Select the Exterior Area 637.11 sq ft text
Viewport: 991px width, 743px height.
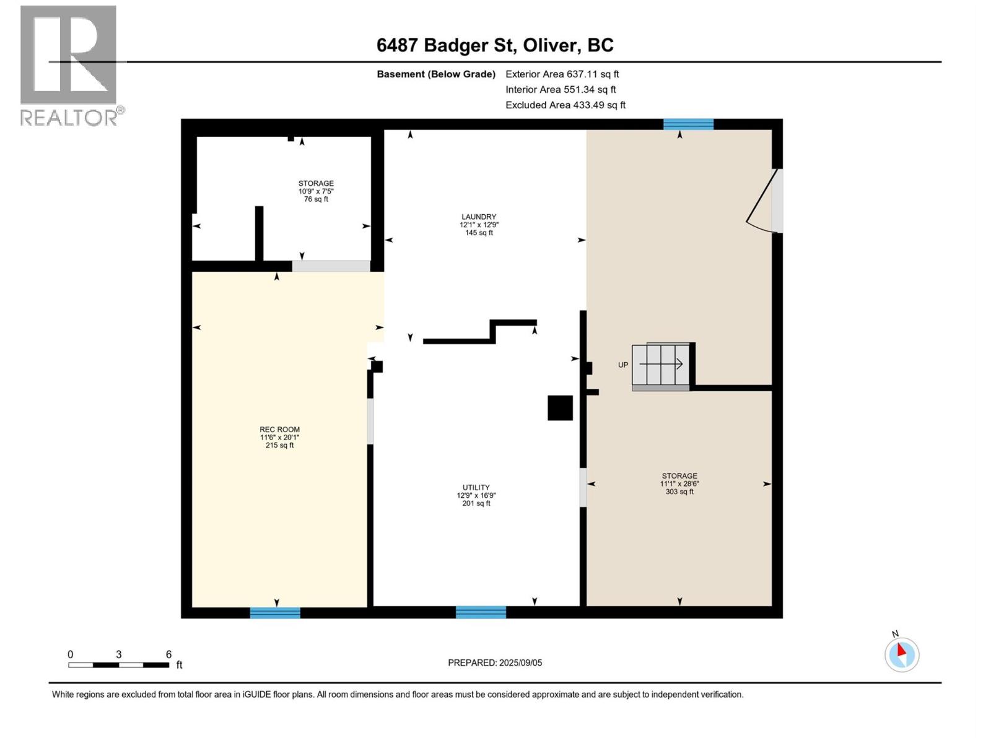coord(562,74)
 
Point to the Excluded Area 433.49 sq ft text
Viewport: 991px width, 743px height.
coord(565,105)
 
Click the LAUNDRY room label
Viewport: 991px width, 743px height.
coord(479,224)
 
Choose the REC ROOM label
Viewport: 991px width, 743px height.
coord(279,437)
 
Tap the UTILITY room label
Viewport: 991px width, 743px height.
coord(476,495)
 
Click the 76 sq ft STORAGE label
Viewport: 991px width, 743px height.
coord(316,191)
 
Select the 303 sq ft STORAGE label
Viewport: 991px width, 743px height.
coord(679,483)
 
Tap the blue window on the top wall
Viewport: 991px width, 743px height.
coord(688,124)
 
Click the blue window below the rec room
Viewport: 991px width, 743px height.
coord(275,612)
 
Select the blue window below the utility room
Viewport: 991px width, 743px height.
coord(481,612)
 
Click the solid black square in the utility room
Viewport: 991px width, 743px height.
coord(560,408)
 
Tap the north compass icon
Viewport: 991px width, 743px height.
coord(901,654)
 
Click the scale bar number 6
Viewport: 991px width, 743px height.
coord(168,654)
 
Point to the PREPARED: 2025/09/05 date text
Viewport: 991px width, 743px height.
coord(495,663)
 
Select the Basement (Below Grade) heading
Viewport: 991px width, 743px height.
coord(436,74)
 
